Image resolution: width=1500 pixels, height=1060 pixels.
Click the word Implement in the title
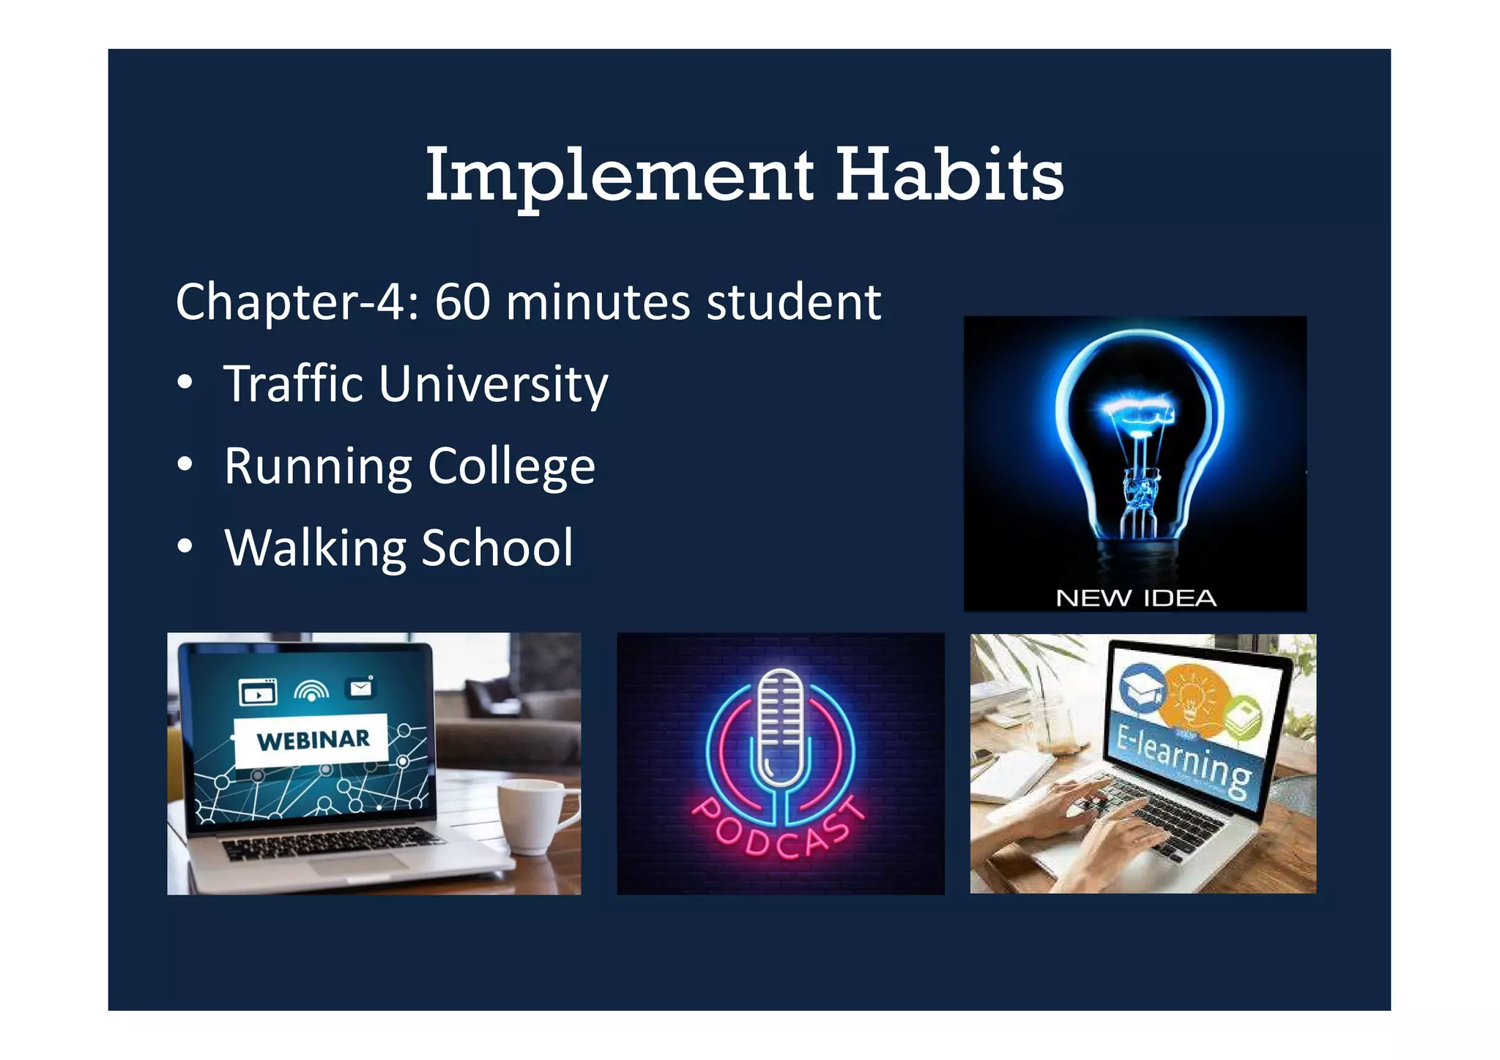tap(619, 176)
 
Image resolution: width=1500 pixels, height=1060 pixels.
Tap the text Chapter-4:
tap(297, 302)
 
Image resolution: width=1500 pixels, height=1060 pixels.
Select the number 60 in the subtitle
tap(462, 302)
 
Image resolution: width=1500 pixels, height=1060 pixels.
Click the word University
tap(493, 385)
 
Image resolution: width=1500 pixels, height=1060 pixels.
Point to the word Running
tap(318, 466)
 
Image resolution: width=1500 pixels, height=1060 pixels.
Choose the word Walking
tap(315, 548)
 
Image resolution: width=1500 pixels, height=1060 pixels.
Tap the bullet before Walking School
tap(185, 546)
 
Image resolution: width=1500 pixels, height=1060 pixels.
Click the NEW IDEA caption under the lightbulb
tap(1135, 598)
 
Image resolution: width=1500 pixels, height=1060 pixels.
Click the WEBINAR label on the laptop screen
tap(313, 739)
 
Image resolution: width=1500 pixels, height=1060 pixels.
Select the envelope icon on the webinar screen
tap(361, 688)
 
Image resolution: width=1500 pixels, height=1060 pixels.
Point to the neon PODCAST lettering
tap(779, 831)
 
